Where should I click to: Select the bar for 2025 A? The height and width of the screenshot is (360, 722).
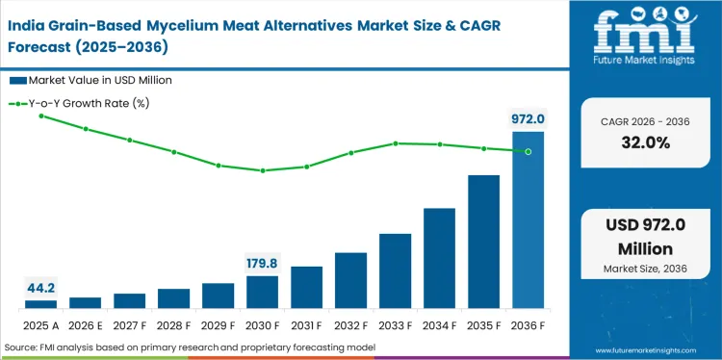point(40,303)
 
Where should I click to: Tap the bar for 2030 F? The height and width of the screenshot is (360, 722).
point(262,292)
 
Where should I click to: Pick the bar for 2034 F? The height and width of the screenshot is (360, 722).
point(439,258)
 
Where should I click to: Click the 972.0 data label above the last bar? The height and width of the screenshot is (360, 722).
point(528,119)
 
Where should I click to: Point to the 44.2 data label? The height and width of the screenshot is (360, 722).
point(40,287)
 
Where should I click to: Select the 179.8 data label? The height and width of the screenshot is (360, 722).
point(262,263)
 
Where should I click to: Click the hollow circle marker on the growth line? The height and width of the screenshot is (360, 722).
point(528,151)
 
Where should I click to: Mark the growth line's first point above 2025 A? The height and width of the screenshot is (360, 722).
point(40,116)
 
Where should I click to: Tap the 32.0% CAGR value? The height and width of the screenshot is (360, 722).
point(644,142)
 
